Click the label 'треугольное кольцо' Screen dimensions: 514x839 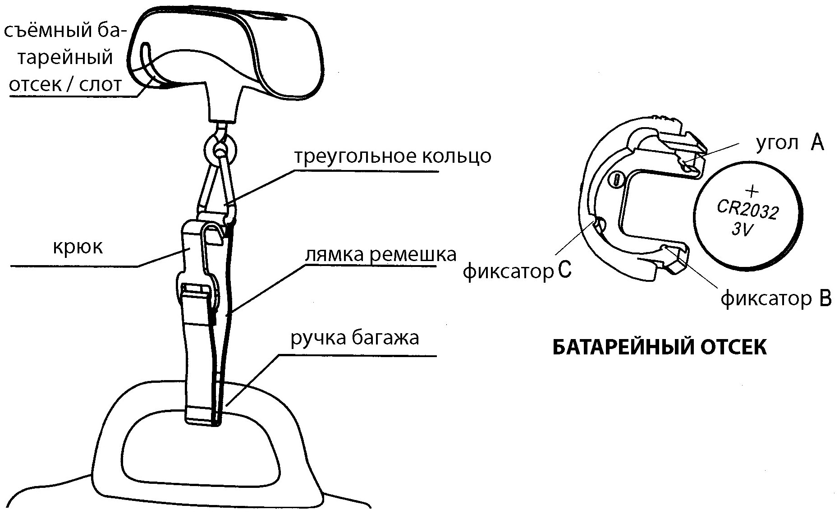392,156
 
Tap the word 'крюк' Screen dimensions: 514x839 78,247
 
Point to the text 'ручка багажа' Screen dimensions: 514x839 355,338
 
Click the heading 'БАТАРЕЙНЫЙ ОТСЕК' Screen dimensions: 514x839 659,348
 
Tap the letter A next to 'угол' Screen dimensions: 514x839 817,144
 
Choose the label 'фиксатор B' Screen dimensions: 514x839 775,299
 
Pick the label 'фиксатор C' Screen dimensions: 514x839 518,271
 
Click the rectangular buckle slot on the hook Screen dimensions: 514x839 197,289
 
